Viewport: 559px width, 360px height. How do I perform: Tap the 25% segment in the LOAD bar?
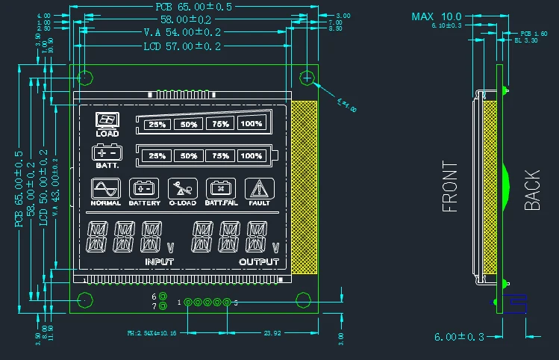157,125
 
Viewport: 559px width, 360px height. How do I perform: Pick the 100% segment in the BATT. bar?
252,156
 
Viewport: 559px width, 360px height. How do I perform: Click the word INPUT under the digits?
159,262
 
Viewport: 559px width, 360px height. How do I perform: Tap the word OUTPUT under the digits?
259,262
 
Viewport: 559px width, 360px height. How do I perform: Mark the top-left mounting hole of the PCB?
85,77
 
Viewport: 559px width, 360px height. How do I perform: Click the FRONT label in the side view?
451,187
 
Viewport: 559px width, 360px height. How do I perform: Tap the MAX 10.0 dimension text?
437,16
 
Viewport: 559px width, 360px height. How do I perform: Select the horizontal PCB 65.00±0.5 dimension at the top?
193,6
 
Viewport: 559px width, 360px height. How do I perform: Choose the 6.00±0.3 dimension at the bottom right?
459,337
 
